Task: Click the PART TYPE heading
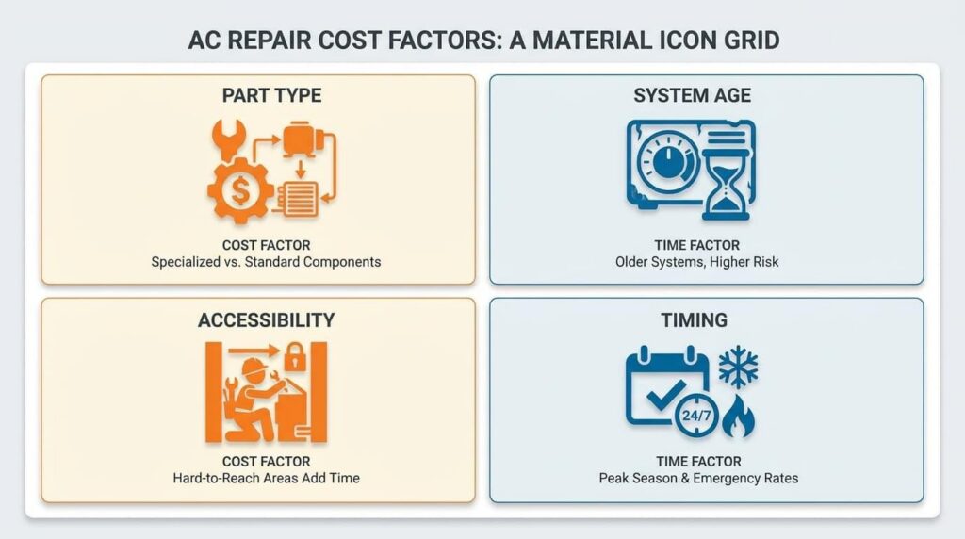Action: [x=271, y=95]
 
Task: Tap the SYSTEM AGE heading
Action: [x=693, y=95]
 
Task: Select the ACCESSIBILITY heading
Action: [x=266, y=320]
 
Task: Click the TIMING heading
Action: [x=695, y=320]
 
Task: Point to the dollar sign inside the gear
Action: [x=240, y=190]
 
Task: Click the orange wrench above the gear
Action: [x=229, y=139]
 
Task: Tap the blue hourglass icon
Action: [x=727, y=184]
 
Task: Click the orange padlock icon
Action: [x=295, y=357]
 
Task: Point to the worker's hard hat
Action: [x=254, y=367]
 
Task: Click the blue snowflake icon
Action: [x=739, y=367]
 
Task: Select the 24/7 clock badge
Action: [x=696, y=416]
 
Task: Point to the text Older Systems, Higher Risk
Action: [x=696, y=262]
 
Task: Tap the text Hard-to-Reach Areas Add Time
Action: [x=266, y=478]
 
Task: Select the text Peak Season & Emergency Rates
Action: [x=698, y=478]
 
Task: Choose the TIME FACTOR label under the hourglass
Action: [x=696, y=245]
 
